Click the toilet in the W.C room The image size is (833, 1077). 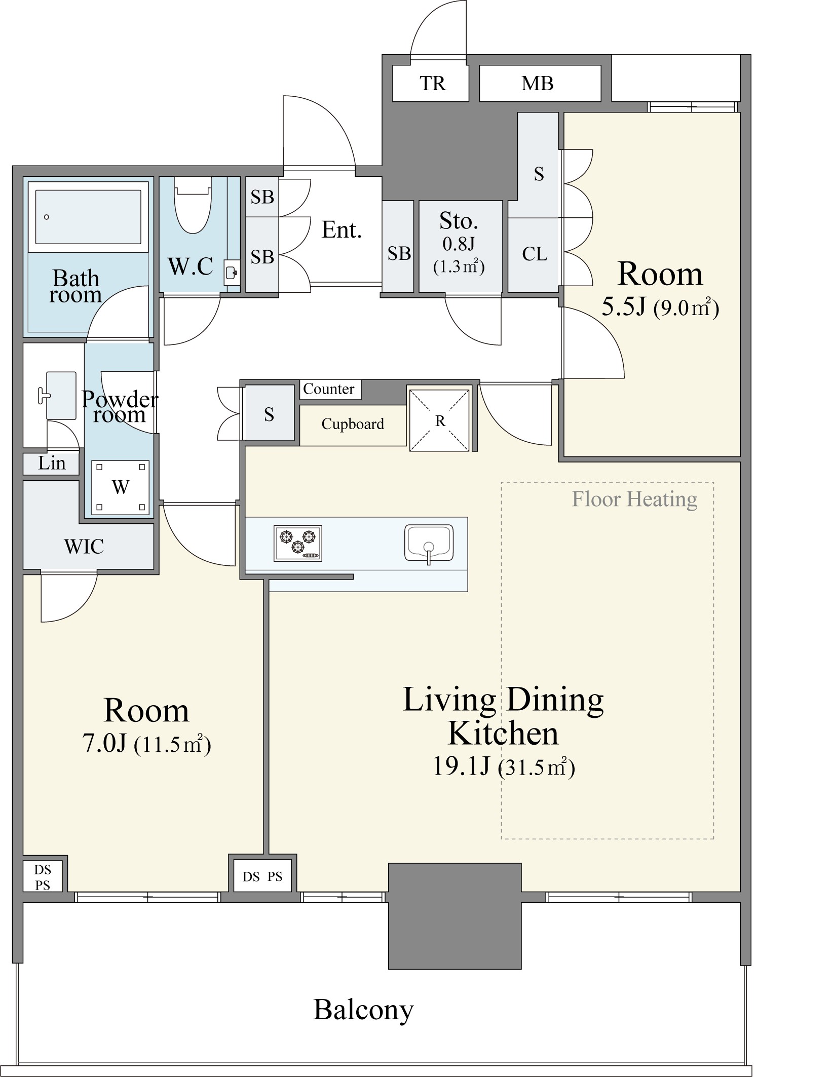pos(193,205)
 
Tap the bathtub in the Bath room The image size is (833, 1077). pos(88,217)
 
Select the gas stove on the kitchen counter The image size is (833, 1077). pos(298,543)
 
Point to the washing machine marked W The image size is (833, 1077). pos(120,487)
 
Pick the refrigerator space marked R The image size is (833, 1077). pos(440,420)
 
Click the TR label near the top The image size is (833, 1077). pos(432,83)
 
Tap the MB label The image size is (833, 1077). pos(538,83)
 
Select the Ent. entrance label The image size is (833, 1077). pos(342,230)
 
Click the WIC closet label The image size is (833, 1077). pos(84,547)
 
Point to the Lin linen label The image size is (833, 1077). pos(52,463)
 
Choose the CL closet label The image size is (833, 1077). pos(535,254)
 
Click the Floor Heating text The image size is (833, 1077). pos(634,499)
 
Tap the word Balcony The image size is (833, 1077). pos(363,1010)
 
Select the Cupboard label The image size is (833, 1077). pos(353,424)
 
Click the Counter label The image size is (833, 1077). pos(328,389)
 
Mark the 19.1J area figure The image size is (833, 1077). pos(461,766)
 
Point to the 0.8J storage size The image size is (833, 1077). pos(459,244)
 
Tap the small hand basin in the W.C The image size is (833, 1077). pos(231,273)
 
